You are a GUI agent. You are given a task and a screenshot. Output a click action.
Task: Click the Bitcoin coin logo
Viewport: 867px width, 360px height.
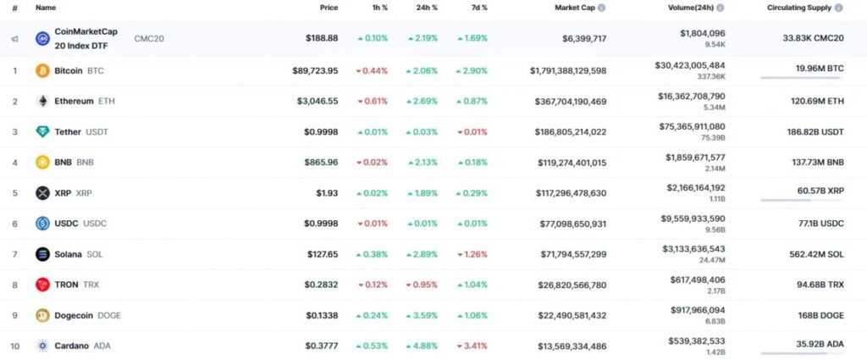[42, 70]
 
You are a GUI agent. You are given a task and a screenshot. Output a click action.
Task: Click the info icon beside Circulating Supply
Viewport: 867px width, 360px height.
[838, 8]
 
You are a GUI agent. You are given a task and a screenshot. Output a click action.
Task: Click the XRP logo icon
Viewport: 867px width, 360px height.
[42, 193]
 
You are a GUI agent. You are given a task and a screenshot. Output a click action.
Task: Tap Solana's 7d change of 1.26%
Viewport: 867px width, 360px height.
[472, 254]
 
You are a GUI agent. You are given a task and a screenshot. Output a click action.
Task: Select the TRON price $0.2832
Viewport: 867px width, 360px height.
[321, 285]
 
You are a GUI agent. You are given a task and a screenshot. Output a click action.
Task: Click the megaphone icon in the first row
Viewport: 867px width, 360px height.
[14, 39]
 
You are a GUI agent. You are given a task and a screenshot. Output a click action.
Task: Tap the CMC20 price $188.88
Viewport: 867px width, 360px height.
[322, 38]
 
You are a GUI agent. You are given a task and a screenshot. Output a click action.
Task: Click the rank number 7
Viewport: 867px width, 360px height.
[14, 254]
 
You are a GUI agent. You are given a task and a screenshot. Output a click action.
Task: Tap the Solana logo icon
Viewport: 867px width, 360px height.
[42, 254]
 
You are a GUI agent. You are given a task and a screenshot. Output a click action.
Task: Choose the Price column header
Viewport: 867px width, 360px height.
[329, 8]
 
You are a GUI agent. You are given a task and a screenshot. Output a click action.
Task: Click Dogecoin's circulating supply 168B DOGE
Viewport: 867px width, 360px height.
[812, 315]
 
